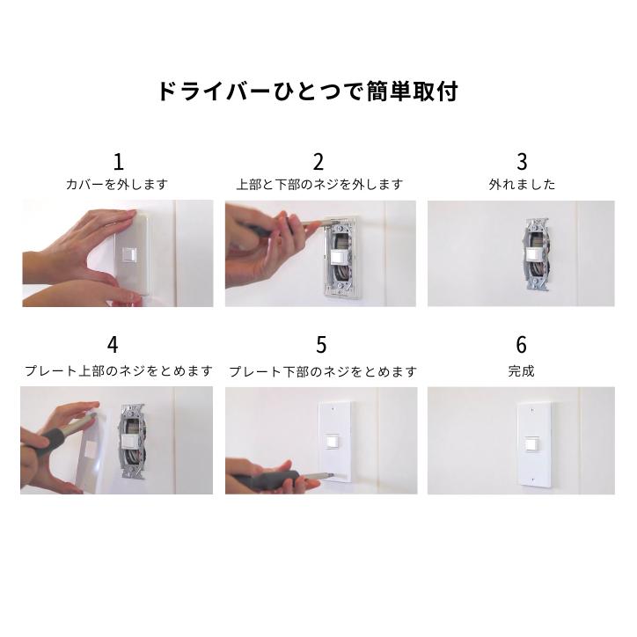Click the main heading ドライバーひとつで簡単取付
(x=307, y=92)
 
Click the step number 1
(x=119, y=161)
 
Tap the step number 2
(x=318, y=161)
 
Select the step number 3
(x=522, y=161)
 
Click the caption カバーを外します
(x=116, y=185)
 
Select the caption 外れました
(x=522, y=185)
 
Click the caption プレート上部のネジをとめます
(x=116, y=371)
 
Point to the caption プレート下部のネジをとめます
(x=322, y=371)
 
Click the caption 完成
(x=522, y=371)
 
